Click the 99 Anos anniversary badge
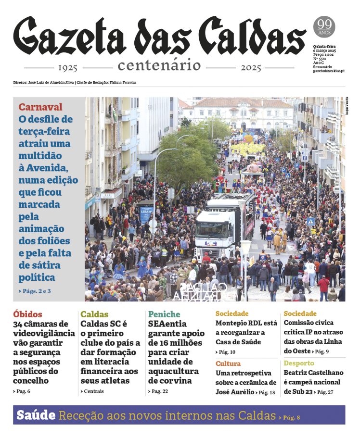click(324, 26)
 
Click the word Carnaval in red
click(40, 107)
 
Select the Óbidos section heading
click(27, 314)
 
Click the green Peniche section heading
click(164, 314)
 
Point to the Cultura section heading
click(228, 363)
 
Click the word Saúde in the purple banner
click(36, 415)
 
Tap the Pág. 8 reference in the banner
click(291, 417)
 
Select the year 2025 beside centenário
click(251, 67)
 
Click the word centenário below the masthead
click(159, 65)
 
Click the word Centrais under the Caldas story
click(93, 391)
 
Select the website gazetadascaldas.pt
click(329, 71)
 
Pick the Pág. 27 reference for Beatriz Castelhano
click(325, 392)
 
